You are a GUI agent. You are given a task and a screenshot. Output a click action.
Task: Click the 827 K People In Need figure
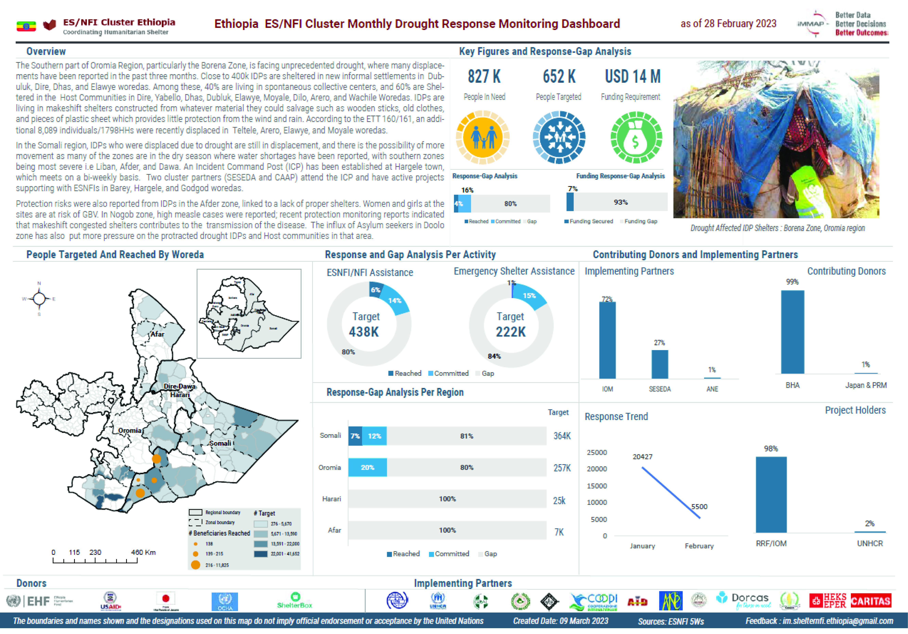click(484, 77)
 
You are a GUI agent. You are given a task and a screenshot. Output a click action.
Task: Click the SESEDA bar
click(660, 364)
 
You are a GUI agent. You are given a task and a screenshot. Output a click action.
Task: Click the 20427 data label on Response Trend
click(642, 457)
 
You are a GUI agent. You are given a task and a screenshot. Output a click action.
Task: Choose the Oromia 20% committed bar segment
click(367, 467)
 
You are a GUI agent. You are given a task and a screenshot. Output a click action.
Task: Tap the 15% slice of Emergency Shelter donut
click(530, 296)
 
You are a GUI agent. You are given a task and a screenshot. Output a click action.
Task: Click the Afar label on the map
click(157, 334)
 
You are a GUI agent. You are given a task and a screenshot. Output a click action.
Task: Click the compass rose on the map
click(39, 299)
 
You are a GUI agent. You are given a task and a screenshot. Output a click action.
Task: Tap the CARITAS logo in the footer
click(871, 601)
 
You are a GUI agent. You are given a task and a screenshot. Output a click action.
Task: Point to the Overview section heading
click(46, 52)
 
